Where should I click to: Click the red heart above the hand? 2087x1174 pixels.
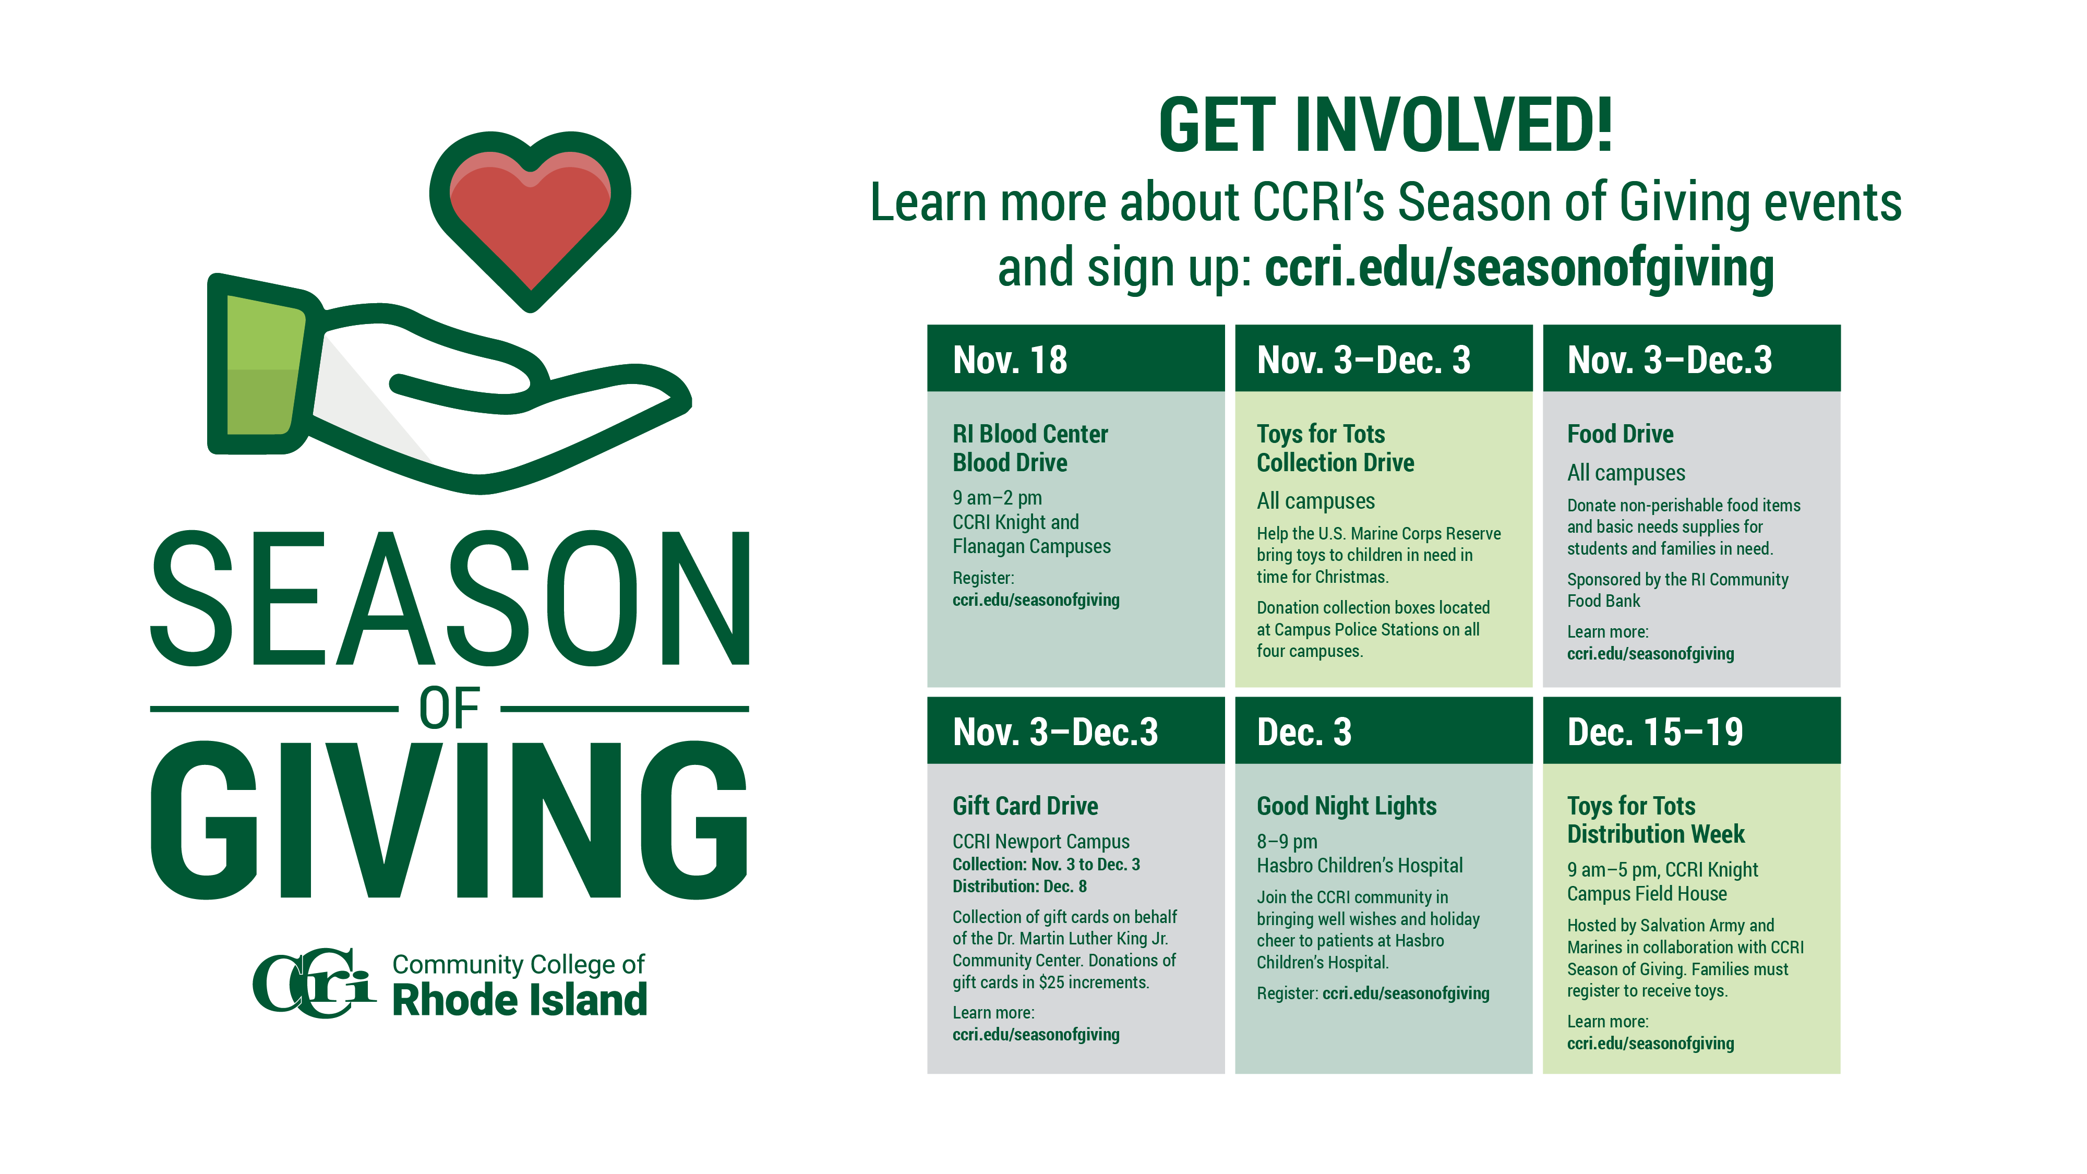(x=530, y=219)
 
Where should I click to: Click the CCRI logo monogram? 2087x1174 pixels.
(x=314, y=983)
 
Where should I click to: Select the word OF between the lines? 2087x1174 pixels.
(x=450, y=709)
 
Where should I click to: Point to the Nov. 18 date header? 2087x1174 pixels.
(x=1010, y=360)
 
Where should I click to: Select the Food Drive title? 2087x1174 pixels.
(x=1621, y=434)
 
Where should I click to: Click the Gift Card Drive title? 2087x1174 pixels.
(x=1026, y=806)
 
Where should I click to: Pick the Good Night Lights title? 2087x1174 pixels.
(x=1347, y=806)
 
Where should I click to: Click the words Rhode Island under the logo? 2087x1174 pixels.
(x=519, y=1000)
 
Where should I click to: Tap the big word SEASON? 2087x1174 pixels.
(x=450, y=600)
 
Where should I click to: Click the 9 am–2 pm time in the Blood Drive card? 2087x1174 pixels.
(x=997, y=498)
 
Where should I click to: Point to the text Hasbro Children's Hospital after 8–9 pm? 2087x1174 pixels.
(x=1360, y=866)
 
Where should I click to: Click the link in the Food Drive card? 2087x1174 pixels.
(x=1650, y=654)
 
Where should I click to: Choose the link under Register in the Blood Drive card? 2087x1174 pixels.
(x=1036, y=601)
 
